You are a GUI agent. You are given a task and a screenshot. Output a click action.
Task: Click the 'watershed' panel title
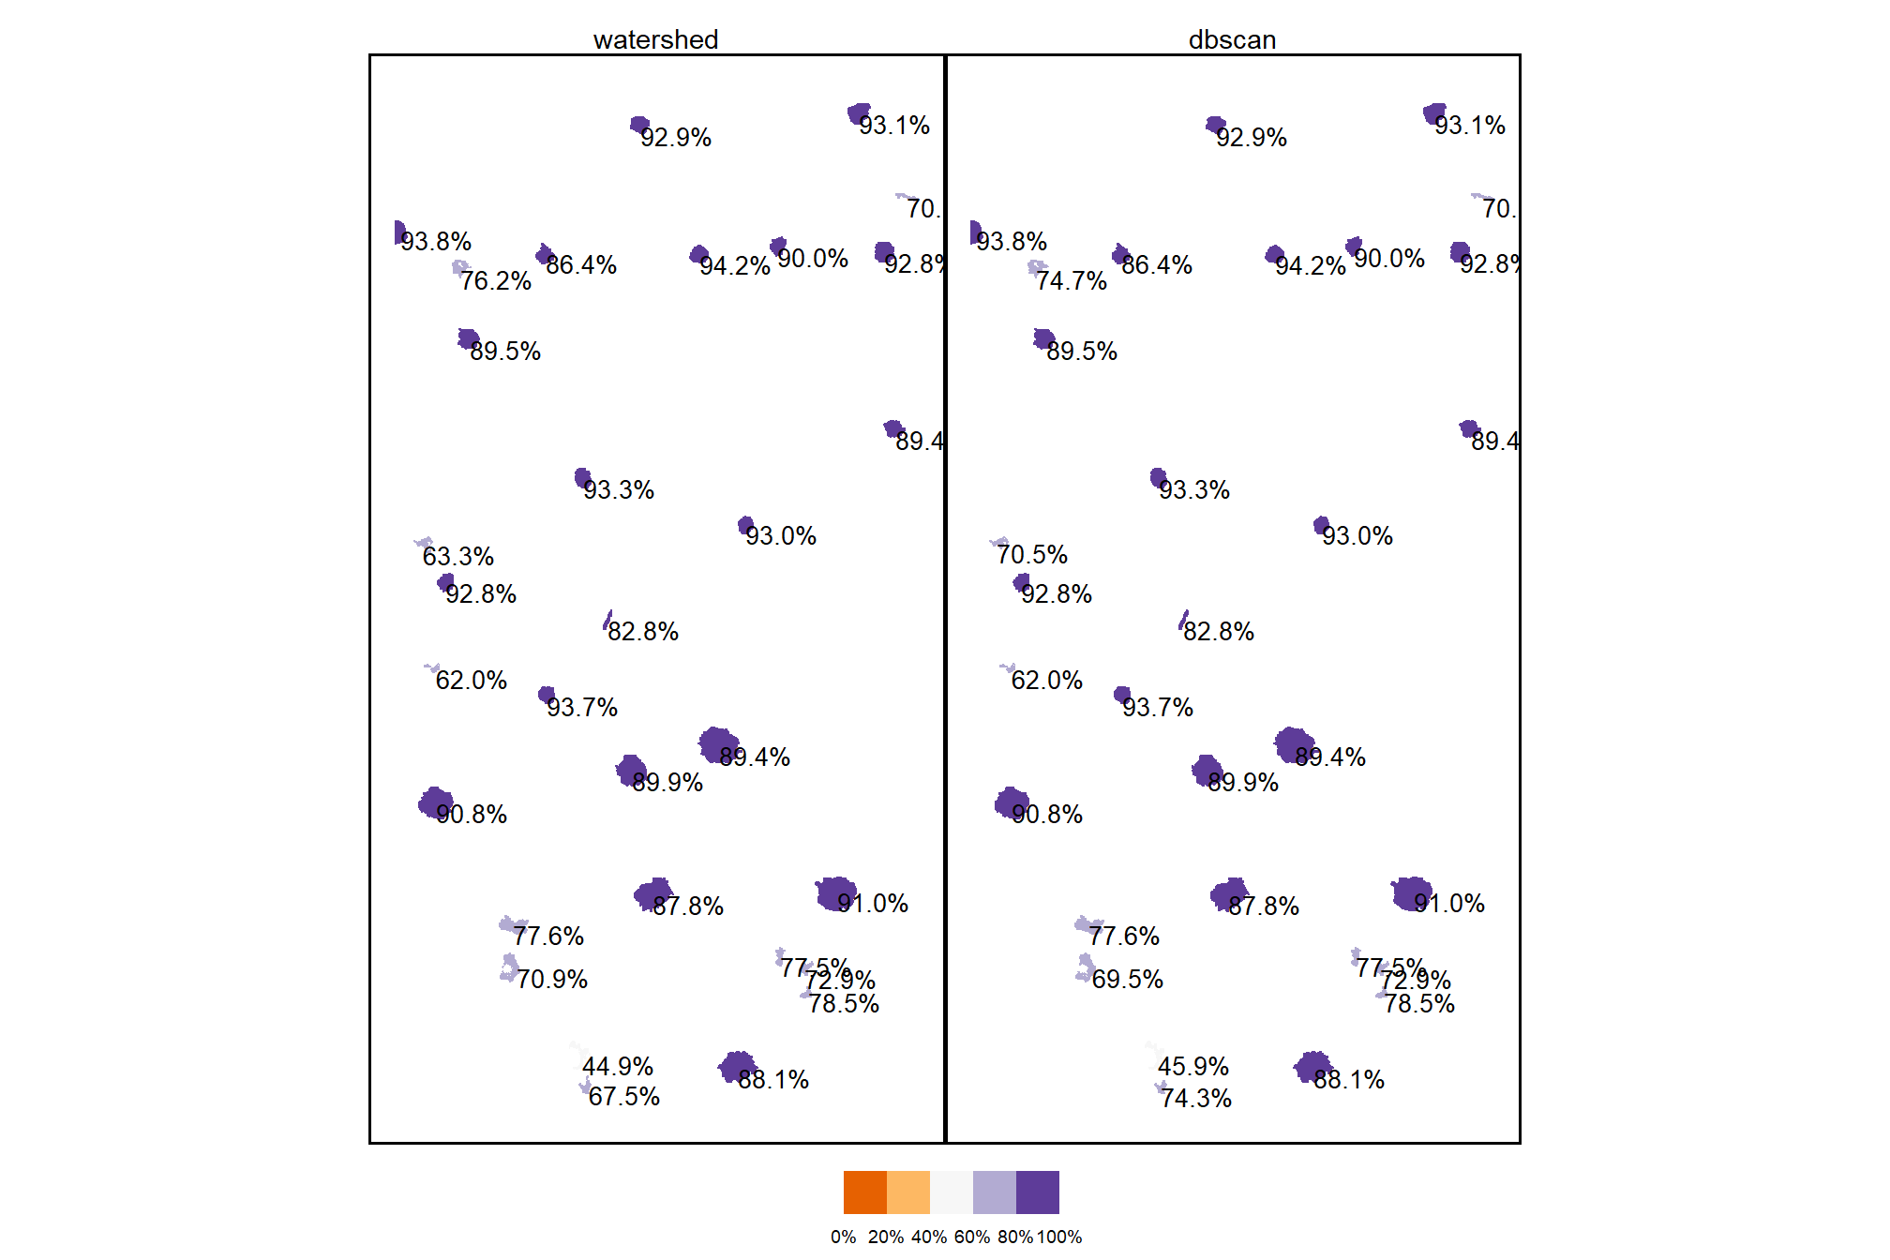coord(655,39)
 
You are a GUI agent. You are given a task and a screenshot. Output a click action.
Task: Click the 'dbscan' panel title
coord(1232,39)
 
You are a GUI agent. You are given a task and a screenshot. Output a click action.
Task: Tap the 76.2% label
coord(496,280)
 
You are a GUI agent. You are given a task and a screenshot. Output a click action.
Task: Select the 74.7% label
coord(1072,280)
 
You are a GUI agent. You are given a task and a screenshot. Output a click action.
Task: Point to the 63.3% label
coord(457,556)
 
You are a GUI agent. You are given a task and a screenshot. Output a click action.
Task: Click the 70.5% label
coord(1032,554)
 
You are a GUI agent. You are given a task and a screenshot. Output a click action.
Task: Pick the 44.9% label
coord(618,1066)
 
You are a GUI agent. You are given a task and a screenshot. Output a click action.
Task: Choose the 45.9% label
coord(1193,1066)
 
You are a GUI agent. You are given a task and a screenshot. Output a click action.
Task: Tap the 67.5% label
coord(624,1096)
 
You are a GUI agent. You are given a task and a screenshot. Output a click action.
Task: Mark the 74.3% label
coord(1196,1098)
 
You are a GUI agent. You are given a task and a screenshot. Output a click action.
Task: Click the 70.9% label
coord(552,979)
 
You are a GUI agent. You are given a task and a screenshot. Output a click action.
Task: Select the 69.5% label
coord(1128,979)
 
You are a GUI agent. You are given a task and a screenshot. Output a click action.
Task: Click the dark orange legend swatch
coord(864,1192)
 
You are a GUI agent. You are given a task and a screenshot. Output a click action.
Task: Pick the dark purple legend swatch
coord(1038,1192)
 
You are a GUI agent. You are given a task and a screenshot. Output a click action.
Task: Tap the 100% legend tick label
coord(1059,1237)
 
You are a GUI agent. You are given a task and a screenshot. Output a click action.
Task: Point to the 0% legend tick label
coord(843,1237)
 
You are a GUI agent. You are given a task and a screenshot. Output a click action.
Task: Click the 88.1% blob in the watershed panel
coord(736,1066)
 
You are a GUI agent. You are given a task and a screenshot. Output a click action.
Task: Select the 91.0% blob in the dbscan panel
coord(1409,893)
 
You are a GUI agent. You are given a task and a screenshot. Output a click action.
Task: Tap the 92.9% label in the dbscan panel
coord(1252,137)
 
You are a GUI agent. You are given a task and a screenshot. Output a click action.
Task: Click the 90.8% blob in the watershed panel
coord(435,802)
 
